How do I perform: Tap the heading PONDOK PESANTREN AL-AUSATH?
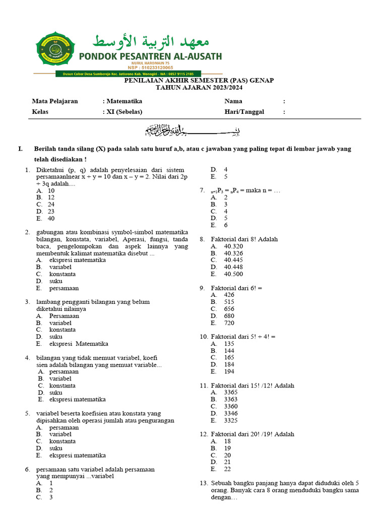point(149,56)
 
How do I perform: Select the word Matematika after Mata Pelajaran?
point(124,101)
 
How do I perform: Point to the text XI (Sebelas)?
point(124,112)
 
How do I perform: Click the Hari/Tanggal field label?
point(244,112)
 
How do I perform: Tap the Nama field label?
point(233,101)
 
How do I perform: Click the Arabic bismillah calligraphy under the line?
point(193,131)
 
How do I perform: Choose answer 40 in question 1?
point(51,219)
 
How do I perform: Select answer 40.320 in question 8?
point(233,246)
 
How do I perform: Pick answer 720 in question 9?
point(229,323)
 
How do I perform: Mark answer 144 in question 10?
point(229,350)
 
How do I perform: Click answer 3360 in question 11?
point(231,406)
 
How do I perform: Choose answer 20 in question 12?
point(227,455)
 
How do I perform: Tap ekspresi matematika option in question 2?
point(78,261)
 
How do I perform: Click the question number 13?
point(204,483)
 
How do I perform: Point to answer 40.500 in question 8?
point(233,274)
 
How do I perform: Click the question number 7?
point(202,191)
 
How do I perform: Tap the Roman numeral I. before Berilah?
point(20,149)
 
